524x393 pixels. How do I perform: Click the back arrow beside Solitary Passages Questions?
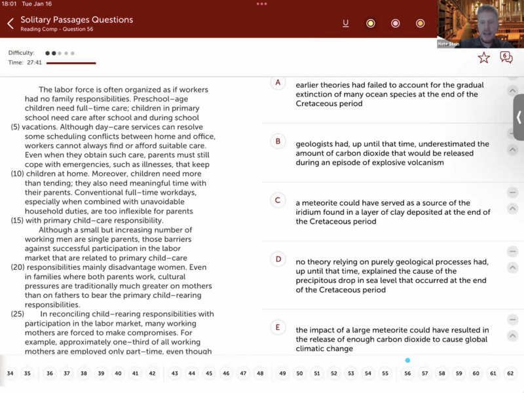[x=10, y=24]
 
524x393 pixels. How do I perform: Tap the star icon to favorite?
[x=483, y=58]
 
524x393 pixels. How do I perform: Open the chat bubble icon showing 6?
[x=506, y=58]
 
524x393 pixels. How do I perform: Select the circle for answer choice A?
[x=278, y=83]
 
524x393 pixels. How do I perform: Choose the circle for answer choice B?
[x=278, y=141]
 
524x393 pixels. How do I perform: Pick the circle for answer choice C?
[x=278, y=200]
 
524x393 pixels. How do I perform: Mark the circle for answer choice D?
[x=278, y=259]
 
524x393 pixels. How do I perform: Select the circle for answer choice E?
[x=278, y=327]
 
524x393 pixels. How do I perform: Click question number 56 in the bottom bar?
[x=407, y=373]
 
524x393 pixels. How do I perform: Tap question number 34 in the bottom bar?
[x=10, y=373]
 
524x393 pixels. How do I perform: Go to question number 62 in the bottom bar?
[x=510, y=373]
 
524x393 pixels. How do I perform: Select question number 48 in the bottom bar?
[x=260, y=373]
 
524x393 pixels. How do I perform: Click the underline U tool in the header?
[x=346, y=24]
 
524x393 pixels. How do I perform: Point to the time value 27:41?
[x=35, y=63]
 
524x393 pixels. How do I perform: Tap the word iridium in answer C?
[x=309, y=212]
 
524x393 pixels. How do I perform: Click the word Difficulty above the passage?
[x=22, y=53]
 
